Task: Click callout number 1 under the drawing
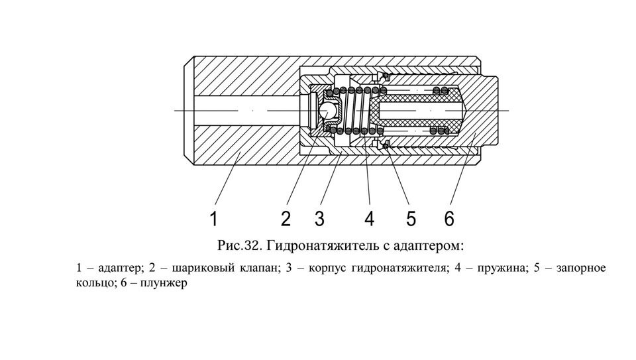214,218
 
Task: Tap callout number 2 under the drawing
286,218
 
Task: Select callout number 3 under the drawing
319,218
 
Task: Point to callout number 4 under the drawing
369,218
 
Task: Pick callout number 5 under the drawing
411,218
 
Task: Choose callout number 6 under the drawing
449,218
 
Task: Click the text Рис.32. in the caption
240,246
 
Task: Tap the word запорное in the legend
581,269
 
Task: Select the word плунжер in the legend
164,282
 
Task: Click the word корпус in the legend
327,269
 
